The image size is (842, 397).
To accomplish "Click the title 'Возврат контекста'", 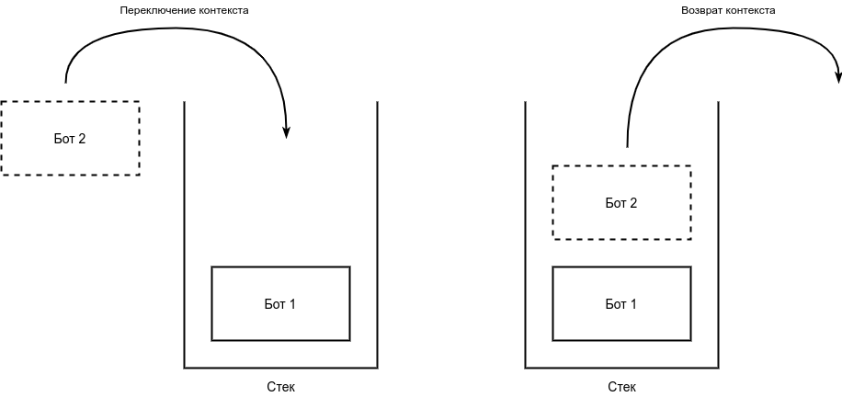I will point(728,11).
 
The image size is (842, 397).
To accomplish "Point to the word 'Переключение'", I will point(150,11).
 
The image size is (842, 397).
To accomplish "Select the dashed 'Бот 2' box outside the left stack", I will point(70,138).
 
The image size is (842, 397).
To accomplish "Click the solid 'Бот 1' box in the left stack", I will point(280,303).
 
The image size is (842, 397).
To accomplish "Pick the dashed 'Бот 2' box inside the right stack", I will point(621,202).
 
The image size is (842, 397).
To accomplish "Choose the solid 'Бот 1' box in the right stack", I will point(621,303).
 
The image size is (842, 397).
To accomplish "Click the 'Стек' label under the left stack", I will point(280,387).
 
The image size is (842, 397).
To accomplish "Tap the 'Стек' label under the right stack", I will point(621,387).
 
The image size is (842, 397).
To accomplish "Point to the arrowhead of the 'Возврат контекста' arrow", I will point(837,76).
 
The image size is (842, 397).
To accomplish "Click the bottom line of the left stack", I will point(281,368).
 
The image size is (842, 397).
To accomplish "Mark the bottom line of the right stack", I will point(621,368).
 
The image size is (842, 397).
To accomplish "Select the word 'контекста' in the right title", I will point(750,11).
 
